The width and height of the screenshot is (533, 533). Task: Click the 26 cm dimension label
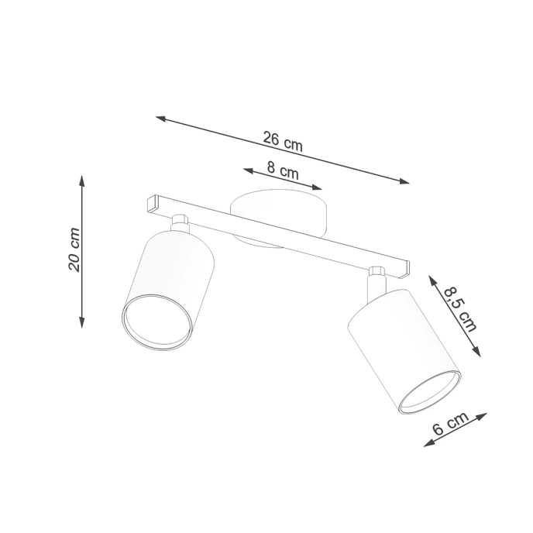click(x=282, y=140)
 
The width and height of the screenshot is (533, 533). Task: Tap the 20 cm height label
click(x=74, y=249)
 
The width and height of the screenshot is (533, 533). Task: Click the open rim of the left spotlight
click(x=156, y=321)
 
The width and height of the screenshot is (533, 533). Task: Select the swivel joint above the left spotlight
click(x=181, y=222)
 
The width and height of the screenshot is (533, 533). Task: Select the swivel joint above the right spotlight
click(x=377, y=276)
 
